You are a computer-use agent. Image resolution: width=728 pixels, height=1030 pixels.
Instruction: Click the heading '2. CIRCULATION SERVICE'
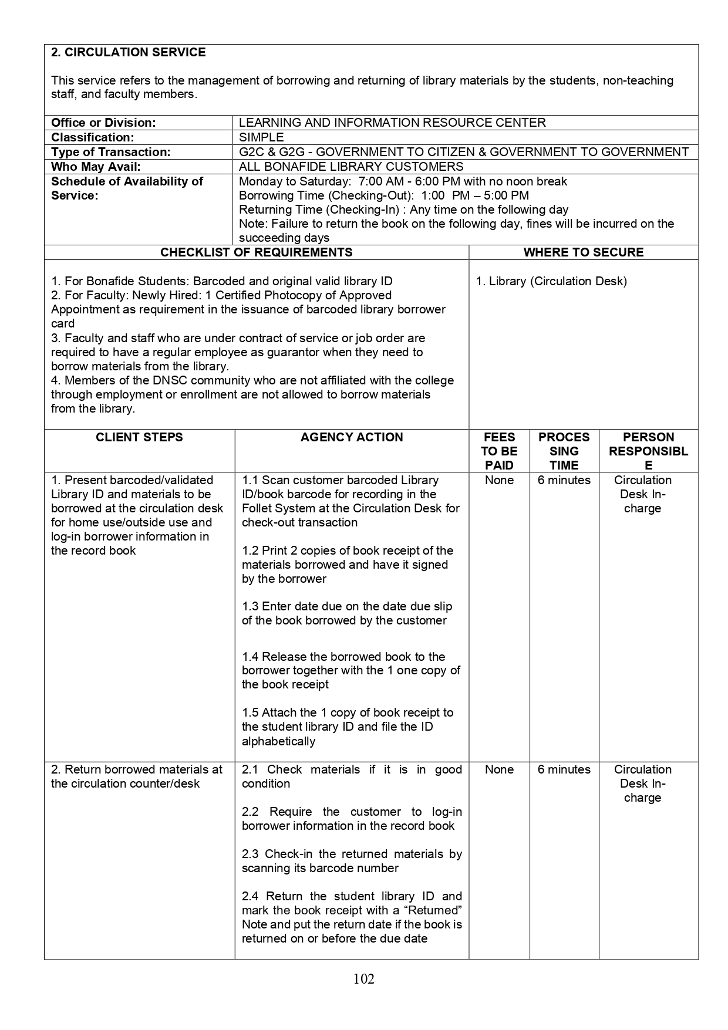point(128,52)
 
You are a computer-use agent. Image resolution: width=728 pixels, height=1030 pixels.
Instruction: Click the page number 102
point(364,978)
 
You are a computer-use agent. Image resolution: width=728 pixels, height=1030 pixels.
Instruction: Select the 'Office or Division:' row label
point(103,123)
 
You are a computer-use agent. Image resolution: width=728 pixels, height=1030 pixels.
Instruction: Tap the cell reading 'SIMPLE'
point(261,137)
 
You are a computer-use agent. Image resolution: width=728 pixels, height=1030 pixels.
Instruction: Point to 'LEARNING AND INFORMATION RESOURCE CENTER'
point(392,123)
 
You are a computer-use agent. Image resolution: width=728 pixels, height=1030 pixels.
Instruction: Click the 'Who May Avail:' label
point(96,167)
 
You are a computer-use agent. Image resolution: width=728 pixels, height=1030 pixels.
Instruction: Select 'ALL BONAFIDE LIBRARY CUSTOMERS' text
point(351,167)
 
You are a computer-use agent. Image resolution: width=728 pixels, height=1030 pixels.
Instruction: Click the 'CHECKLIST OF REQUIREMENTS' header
point(257,252)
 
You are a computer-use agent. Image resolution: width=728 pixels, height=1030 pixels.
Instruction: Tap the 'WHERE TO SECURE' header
point(584,252)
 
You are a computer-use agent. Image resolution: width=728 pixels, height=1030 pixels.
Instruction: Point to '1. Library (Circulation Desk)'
point(551,281)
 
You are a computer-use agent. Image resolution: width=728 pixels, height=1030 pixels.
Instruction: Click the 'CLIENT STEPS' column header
point(139,437)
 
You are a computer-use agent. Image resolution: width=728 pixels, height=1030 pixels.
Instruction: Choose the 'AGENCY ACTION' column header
point(352,437)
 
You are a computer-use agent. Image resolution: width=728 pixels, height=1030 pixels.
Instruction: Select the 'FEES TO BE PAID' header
point(499,451)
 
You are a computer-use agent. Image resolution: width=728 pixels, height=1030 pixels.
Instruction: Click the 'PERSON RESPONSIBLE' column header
point(648,451)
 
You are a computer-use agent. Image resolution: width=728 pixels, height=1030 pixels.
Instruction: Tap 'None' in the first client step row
point(499,480)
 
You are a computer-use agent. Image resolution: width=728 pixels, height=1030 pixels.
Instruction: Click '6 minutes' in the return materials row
point(564,769)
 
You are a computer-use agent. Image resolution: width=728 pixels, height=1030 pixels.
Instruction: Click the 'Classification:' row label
point(92,137)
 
